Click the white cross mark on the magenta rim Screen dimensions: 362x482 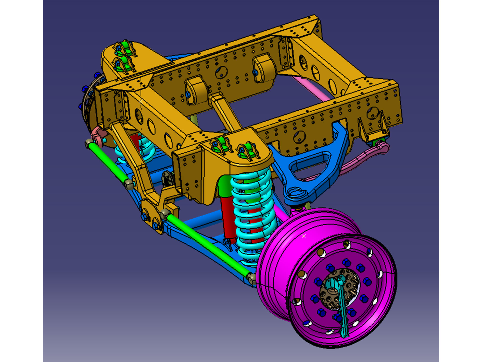tap(303, 236)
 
